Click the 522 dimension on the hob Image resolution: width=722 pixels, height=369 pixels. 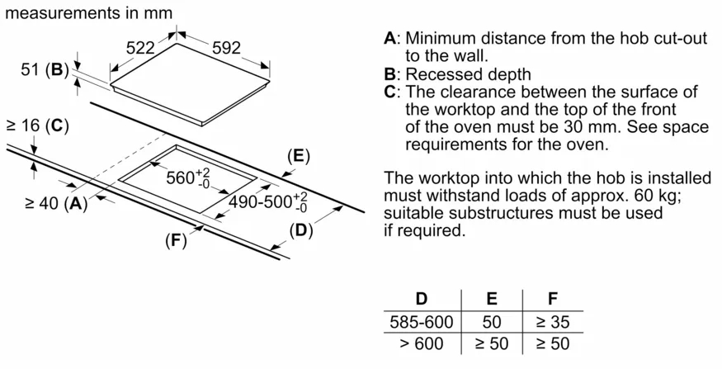[x=140, y=49]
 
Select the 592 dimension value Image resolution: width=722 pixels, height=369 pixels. [x=226, y=49]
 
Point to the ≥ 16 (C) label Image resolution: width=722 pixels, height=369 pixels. [x=36, y=126]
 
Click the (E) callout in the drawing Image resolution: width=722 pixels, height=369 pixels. [x=298, y=156]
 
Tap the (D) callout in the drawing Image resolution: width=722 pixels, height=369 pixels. [x=302, y=230]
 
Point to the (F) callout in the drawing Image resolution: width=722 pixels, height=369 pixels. [x=175, y=241]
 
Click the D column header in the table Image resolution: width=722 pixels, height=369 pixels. [x=421, y=299]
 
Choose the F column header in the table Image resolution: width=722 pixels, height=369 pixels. [x=552, y=299]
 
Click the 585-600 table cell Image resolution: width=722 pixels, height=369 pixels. [x=421, y=322]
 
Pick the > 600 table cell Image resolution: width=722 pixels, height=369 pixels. [x=421, y=343]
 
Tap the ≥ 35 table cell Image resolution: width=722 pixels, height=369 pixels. [x=552, y=322]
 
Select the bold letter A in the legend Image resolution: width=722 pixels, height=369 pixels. [x=390, y=39]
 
